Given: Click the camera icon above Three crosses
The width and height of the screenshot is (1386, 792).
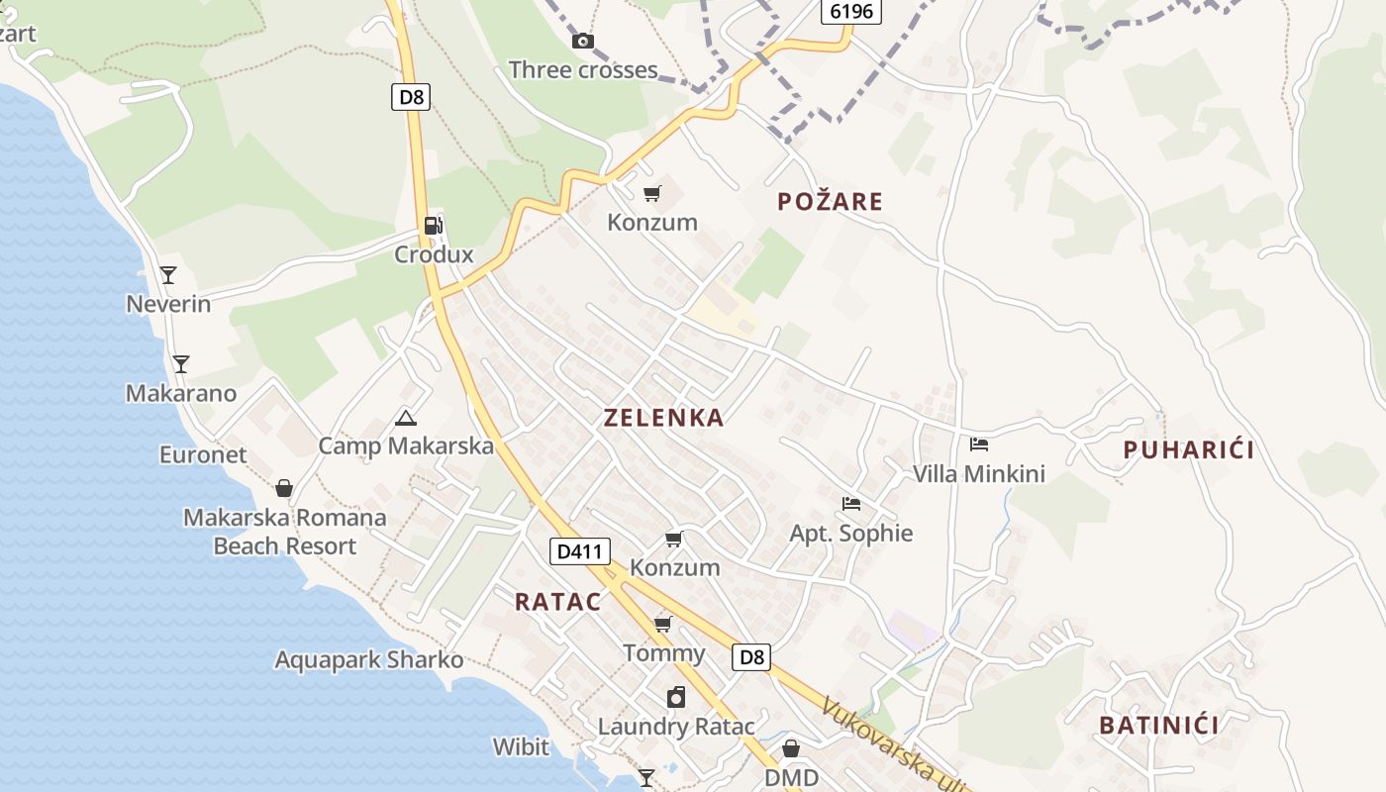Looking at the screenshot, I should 583,41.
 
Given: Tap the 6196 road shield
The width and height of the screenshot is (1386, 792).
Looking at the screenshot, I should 850,11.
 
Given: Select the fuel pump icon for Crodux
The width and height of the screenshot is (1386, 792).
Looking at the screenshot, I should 433,226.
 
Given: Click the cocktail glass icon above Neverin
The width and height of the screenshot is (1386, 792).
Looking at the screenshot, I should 168,274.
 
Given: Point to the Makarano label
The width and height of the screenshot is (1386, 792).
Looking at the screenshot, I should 181,393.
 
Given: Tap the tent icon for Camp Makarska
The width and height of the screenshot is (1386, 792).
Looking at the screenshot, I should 405,418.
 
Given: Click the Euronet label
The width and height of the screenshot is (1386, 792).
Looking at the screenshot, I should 203,454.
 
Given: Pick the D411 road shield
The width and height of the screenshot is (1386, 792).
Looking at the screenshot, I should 579,551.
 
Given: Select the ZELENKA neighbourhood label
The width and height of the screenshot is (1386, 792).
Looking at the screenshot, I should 664,418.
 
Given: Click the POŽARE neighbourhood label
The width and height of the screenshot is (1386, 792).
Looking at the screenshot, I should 830,202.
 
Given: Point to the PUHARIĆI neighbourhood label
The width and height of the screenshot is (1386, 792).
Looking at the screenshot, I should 1188,450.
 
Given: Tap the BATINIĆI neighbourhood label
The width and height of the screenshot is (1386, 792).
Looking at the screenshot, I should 1158,725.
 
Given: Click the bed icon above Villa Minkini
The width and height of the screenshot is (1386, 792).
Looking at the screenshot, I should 979,445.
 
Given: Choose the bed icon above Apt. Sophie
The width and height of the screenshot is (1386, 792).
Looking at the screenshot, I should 850,504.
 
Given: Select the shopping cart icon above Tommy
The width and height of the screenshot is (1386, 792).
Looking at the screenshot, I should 663,625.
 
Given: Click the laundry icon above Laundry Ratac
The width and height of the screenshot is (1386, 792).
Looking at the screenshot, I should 676,697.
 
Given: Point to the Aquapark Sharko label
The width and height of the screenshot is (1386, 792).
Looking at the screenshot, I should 368,659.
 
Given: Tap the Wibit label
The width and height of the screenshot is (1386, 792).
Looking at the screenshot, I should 521,746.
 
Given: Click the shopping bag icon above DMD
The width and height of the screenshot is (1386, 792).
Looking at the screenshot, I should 791,748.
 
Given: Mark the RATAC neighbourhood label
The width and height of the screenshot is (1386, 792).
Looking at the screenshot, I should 557,601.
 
